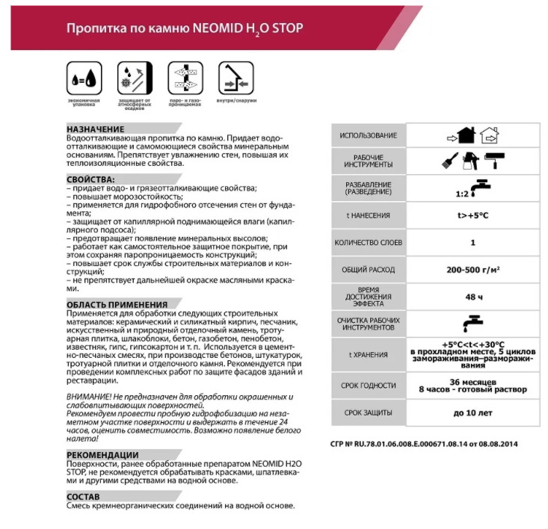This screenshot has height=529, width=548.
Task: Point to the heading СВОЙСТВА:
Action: (x=93, y=179)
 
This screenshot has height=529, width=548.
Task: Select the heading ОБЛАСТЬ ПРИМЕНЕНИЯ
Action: (x=117, y=304)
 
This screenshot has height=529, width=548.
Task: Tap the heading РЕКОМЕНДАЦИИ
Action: (x=102, y=454)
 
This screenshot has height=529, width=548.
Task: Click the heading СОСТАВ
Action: (x=84, y=496)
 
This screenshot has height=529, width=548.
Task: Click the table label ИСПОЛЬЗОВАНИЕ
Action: (x=368, y=135)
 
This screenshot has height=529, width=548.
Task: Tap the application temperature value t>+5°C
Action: (x=472, y=215)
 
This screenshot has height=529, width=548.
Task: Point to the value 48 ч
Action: (x=472, y=297)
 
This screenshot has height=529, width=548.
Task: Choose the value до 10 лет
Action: (x=472, y=412)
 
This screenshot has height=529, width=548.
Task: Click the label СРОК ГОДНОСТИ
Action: (x=368, y=385)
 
